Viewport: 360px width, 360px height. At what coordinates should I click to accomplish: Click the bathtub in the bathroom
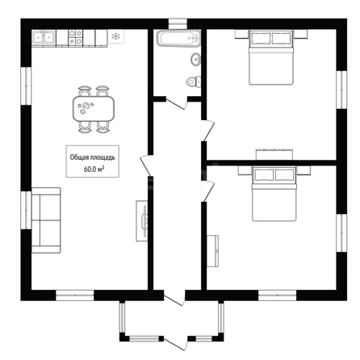tap(178, 39)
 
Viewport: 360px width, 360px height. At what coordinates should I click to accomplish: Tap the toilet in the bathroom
tap(194, 82)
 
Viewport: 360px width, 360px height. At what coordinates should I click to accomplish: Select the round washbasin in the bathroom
tap(196, 59)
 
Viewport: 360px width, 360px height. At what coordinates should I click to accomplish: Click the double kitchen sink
tap(44, 38)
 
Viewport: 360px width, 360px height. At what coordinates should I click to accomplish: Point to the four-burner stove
tap(75, 37)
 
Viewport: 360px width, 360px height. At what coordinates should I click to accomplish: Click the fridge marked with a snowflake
tap(116, 36)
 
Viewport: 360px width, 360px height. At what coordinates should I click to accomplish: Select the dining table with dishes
tap(94, 109)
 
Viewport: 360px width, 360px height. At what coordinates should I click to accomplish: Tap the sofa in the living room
tap(46, 220)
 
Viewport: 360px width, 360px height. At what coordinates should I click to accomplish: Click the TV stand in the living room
tap(142, 220)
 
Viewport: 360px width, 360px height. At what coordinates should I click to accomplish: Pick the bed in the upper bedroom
tap(270, 57)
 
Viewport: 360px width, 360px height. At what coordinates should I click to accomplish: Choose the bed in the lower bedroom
tap(274, 194)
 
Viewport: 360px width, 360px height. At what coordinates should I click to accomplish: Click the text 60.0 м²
tap(94, 170)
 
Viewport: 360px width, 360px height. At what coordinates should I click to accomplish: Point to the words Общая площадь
tap(92, 157)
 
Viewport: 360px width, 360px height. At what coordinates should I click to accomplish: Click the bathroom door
tap(177, 104)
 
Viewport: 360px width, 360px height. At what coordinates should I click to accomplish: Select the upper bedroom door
tap(208, 131)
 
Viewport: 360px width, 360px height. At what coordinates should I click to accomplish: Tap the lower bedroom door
tap(208, 191)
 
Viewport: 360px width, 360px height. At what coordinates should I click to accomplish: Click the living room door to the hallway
tap(146, 166)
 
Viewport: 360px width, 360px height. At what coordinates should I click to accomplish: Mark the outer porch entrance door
tap(175, 343)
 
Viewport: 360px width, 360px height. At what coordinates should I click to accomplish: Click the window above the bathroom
tap(178, 23)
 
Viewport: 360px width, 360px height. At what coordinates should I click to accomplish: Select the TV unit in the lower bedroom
tap(212, 251)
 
